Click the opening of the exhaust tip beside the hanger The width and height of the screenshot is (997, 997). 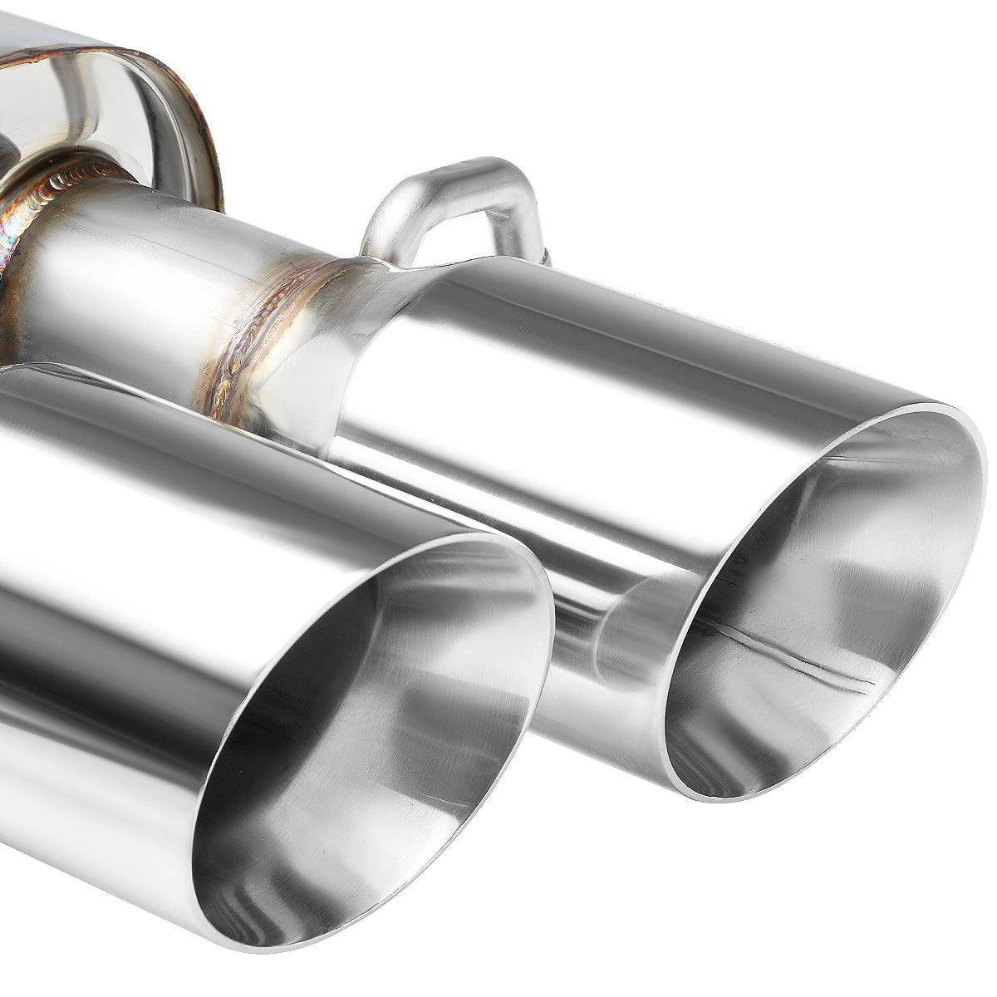tap(823, 607)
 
